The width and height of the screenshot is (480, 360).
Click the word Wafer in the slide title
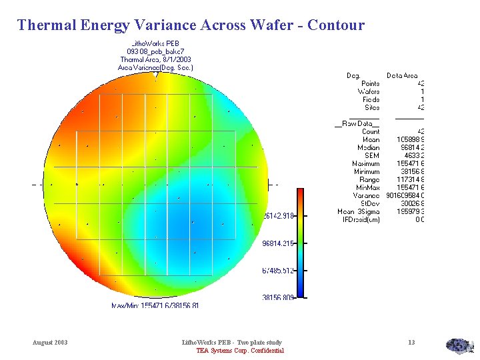pyautogui.click(x=269, y=25)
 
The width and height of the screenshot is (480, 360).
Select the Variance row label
pyautogui.click(x=367, y=196)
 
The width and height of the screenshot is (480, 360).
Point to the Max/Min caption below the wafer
pyautogui.click(x=155, y=305)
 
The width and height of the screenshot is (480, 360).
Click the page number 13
pyautogui.click(x=411, y=343)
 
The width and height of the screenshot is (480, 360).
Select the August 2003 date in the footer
pyautogui.click(x=50, y=343)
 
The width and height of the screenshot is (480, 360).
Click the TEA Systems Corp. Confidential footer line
pyautogui.click(x=240, y=351)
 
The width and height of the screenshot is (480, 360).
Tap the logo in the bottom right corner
pyautogui.click(x=459, y=345)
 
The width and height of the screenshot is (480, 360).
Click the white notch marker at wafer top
pyautogui.click(x=156, y=75)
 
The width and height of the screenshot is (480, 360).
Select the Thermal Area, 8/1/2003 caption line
pyautogui.click(x=155, y=60)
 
